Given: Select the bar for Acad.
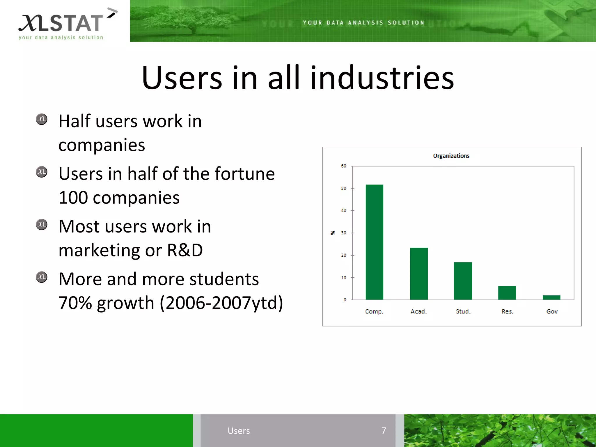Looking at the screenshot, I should coord(419,274).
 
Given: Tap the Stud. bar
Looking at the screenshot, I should coord(463,281).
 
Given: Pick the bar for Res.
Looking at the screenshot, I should coord(507,293).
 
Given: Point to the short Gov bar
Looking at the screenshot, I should coord(551,297).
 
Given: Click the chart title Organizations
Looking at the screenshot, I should coord(451,156).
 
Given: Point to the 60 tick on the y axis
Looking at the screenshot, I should coord(344,166).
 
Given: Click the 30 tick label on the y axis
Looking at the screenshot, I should coord(344,233).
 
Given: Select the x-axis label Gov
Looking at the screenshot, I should coord(552,312).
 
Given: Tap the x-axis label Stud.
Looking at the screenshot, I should coord(463,312).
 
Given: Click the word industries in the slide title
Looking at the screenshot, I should coord(382,78).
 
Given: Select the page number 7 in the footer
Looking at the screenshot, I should coord(384,431).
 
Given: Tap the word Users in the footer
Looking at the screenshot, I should coord(239,431).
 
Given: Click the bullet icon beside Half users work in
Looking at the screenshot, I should coord(42,119).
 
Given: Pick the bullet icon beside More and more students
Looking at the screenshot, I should coord(42,277).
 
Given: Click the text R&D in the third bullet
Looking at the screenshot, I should coord(185,250).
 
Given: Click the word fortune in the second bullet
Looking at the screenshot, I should coord(244,174).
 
